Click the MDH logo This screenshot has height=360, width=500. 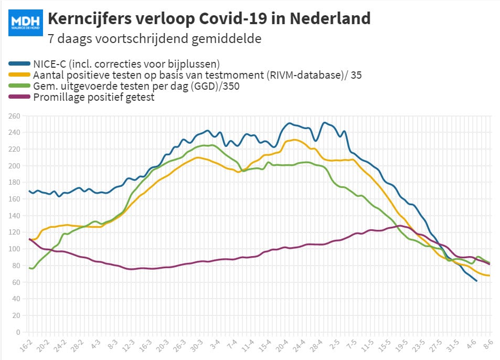26,23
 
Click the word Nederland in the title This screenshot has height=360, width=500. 330,18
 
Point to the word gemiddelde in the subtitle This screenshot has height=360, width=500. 227,39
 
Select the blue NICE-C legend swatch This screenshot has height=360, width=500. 19,64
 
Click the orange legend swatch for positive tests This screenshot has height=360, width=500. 19,75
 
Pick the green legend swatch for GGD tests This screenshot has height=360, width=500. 19,86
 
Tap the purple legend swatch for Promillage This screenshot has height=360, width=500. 19,97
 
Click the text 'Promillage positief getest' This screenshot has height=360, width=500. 94,97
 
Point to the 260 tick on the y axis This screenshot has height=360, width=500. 14,116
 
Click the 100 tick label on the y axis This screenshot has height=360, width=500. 14,249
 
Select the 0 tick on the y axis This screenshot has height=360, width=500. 18,332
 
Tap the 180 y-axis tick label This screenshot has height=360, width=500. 14,183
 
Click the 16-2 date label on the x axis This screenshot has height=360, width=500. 26,346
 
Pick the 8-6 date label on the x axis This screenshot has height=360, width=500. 488,344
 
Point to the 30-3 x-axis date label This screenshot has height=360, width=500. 196,346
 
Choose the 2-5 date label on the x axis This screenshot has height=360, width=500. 334,344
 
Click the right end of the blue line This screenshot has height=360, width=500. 476,281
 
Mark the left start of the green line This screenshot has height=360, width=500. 29,268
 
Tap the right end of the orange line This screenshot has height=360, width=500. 489,276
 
